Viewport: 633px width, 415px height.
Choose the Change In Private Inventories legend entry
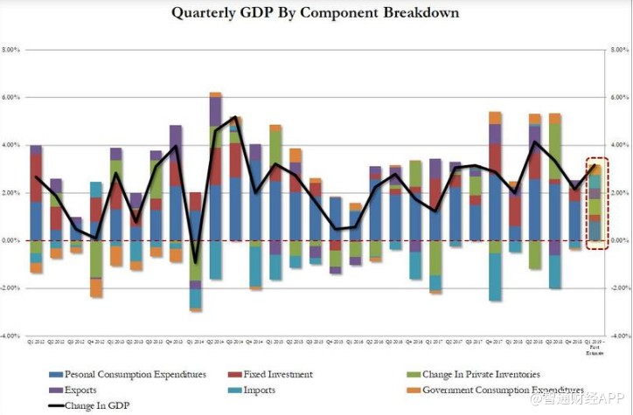(x=484, y=374)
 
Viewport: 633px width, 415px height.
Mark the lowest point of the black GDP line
(x=196, y=262)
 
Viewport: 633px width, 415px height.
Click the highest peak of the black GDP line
(x=234, y=117)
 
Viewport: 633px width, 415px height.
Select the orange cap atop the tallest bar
(x=215, y=94)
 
